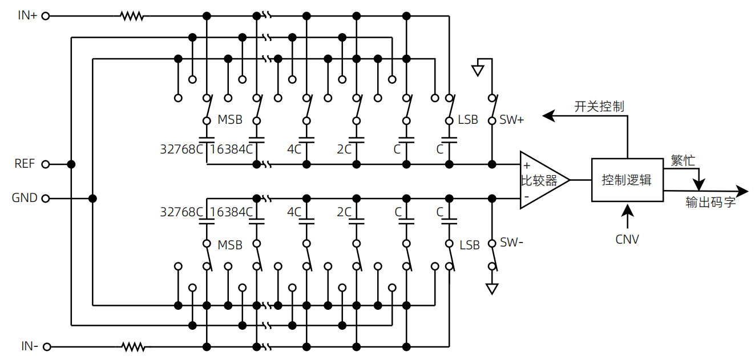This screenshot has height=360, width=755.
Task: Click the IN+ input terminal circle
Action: (46, 16)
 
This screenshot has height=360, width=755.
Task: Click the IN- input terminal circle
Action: (47, 347)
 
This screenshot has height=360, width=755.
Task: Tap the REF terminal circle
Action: (46, 164)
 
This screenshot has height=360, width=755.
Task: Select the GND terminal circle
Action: (46, 199)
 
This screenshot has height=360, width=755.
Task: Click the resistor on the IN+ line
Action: (132, 16)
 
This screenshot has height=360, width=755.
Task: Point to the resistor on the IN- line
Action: (133, 347)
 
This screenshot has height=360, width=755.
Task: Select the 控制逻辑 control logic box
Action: (628, 180)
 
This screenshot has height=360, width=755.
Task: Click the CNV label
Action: (627, 240)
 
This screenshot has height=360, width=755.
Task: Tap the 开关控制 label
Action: (599, 107)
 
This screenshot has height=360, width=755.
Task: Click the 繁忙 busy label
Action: (683, 160)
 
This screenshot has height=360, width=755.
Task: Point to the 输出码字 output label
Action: (710, 202)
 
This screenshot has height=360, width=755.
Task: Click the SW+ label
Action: (512, 120)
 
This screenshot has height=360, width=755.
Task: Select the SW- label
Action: (511, 242)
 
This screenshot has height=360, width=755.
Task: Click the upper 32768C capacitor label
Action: (181, 149)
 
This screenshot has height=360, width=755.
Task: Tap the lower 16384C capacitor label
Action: (231, 212)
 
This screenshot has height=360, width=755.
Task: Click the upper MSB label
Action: (230, 120)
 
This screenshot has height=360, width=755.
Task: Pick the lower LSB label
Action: (470, 245)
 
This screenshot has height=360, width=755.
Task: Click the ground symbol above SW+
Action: (478, 70)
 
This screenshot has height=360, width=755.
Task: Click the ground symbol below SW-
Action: (492, 289)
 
